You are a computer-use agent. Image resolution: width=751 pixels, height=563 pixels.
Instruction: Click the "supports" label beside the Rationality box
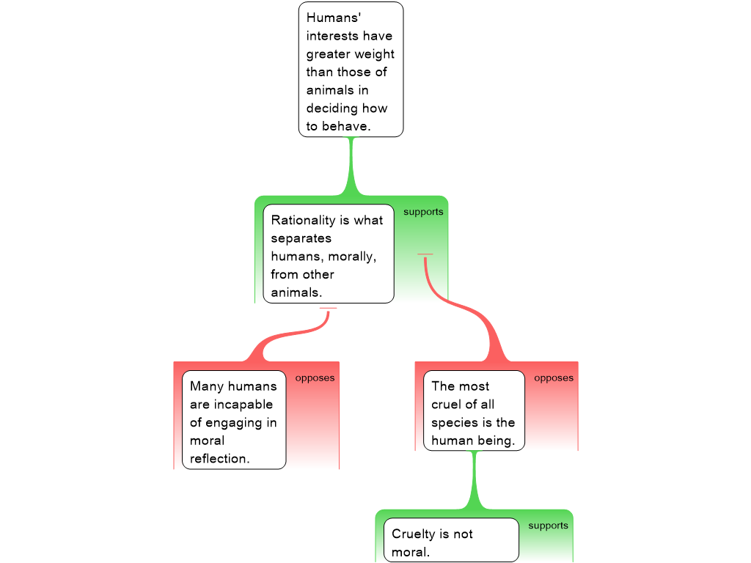(x=423, y=212)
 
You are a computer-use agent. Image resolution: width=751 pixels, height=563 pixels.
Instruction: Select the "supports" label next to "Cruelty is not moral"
(x=548, y=526)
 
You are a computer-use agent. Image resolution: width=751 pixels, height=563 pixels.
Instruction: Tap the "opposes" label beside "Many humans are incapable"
(x=315, y=378)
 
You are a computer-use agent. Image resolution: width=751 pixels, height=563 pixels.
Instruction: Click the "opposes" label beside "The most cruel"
(x=554, y=378)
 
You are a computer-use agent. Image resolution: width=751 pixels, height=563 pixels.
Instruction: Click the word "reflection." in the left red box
(x=219, y=459)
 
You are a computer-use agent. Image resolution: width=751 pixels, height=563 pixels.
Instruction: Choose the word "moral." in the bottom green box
(x=411, y=552)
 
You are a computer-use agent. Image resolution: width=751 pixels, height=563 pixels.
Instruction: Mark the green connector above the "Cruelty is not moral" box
(x=475, y=480)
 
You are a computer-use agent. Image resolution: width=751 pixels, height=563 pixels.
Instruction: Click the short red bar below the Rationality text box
(x=328, y=309)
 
